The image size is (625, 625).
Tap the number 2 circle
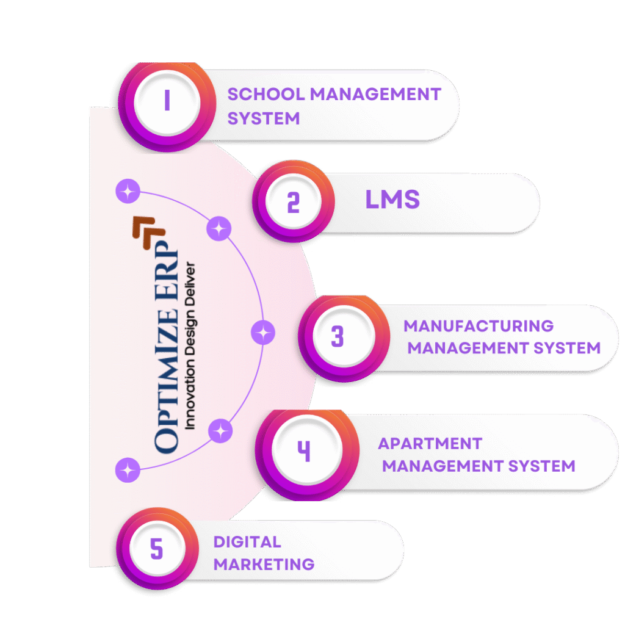(294, 201)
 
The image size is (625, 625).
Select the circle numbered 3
(344, 338)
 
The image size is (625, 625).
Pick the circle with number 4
(308, 454)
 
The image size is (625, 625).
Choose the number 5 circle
(157, 548)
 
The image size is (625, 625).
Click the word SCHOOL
(266, 95)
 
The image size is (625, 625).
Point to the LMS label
(392, 200)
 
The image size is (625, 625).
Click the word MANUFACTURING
(479, 326)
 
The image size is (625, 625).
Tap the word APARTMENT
(430, 444)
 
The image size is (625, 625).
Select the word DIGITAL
(247, 542)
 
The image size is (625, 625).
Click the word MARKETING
(264, 565)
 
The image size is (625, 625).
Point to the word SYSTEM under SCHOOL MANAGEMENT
(264, 119)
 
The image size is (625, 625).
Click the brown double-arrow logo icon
(149, 233)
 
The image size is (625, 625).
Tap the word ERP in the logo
(167, 270)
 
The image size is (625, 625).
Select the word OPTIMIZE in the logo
(167, 381)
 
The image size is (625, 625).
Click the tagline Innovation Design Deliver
(190, 345)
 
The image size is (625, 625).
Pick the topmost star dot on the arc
(128, 191)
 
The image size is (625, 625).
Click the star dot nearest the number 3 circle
(263, 333)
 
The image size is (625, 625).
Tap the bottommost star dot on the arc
(128, 470)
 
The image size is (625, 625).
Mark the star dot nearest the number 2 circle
(219, 228)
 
